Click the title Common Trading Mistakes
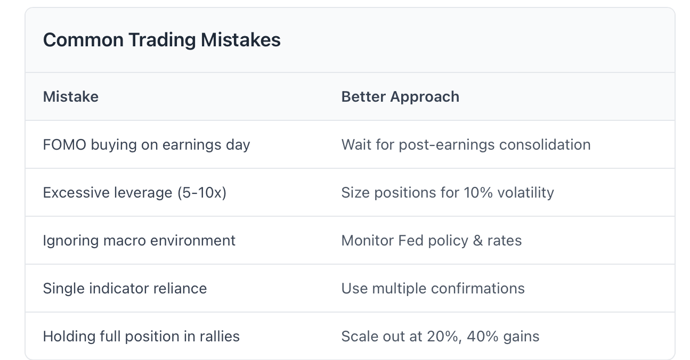(162, 40)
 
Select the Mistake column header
(71, 97)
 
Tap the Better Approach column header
(400, 97)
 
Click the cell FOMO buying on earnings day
(147, 145)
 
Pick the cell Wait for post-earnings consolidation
(466, 145)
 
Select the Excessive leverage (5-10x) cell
(135, 193)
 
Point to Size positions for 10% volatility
(448, 193)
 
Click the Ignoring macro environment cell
(139, 241)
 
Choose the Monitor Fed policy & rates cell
(432, 241)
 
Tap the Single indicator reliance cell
(125, 289)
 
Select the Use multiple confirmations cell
(433, 289)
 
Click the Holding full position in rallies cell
(141, 336)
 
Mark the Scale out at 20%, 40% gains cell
(440, 336)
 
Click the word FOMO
(64, 145)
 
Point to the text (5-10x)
(202, 193)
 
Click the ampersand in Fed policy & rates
(478, 241)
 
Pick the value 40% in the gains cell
(482, 336)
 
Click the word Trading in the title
(162, 40)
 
